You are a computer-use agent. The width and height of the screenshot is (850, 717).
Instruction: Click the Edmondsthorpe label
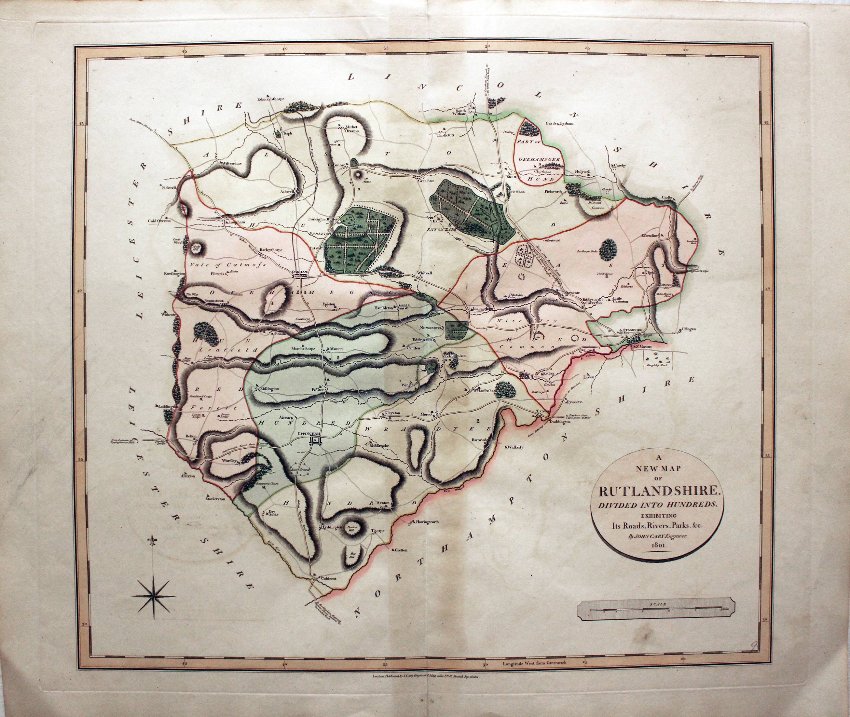[x=270, y=99]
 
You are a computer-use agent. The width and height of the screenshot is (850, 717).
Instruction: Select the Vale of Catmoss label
[x=228, y=264]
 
